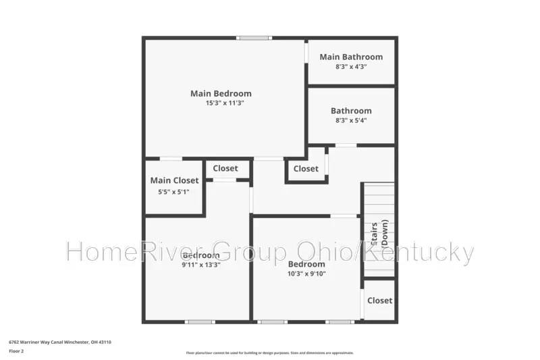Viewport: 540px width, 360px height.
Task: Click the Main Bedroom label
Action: click(221, 93)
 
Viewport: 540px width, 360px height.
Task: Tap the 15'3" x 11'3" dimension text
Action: click(224, 103)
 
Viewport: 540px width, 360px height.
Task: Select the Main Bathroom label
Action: click(351, 57)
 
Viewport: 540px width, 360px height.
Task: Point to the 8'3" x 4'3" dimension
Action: click(351, 67)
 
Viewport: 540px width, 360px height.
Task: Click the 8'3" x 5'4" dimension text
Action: click(351, 121)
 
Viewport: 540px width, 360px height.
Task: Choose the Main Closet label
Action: click(174, 180)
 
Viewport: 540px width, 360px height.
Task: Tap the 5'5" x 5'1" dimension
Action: click(174, 192)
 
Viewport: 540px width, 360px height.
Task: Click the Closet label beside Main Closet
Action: click(225, 168)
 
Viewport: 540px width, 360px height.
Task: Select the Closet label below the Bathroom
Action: click(306, 168)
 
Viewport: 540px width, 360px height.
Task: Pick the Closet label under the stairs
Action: click(380, 301)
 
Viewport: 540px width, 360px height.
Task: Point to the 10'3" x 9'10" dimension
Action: click(306, 274)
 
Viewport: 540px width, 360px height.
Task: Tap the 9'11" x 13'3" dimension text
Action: click(200, 265)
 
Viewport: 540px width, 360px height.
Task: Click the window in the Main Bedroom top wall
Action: click(254, 38)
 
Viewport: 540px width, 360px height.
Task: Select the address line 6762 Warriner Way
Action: click(59, 342)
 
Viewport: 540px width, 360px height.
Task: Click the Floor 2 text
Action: click(16, 351)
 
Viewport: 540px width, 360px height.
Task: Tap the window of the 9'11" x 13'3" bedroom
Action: click(200, 322)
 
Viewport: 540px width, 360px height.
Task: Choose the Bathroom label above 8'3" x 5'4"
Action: click(351, 111)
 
